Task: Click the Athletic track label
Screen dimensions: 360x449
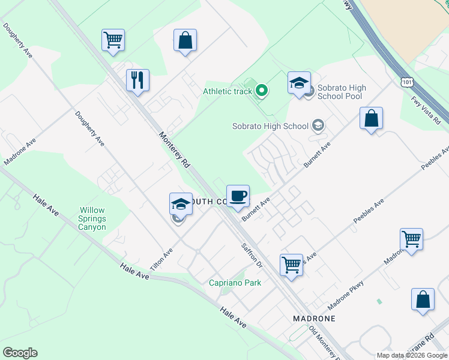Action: coord(227,91)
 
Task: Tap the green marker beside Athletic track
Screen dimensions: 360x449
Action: coord(262,91)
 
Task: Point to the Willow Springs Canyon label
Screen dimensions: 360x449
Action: coord(92,219)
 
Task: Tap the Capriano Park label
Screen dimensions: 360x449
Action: coord(235,283)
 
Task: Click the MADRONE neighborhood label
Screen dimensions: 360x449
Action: coord(313,318)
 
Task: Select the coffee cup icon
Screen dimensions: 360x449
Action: coord(238,196)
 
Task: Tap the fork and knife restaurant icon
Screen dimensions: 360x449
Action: coord(137,79)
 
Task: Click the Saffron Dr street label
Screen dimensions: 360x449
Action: coord(253,256)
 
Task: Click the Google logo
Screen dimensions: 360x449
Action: coord(20,353)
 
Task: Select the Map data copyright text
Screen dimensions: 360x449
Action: coord(411,355)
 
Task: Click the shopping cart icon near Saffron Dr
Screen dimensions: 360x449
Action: coord(291,263)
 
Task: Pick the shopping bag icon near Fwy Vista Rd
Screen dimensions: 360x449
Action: coord(372,118)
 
